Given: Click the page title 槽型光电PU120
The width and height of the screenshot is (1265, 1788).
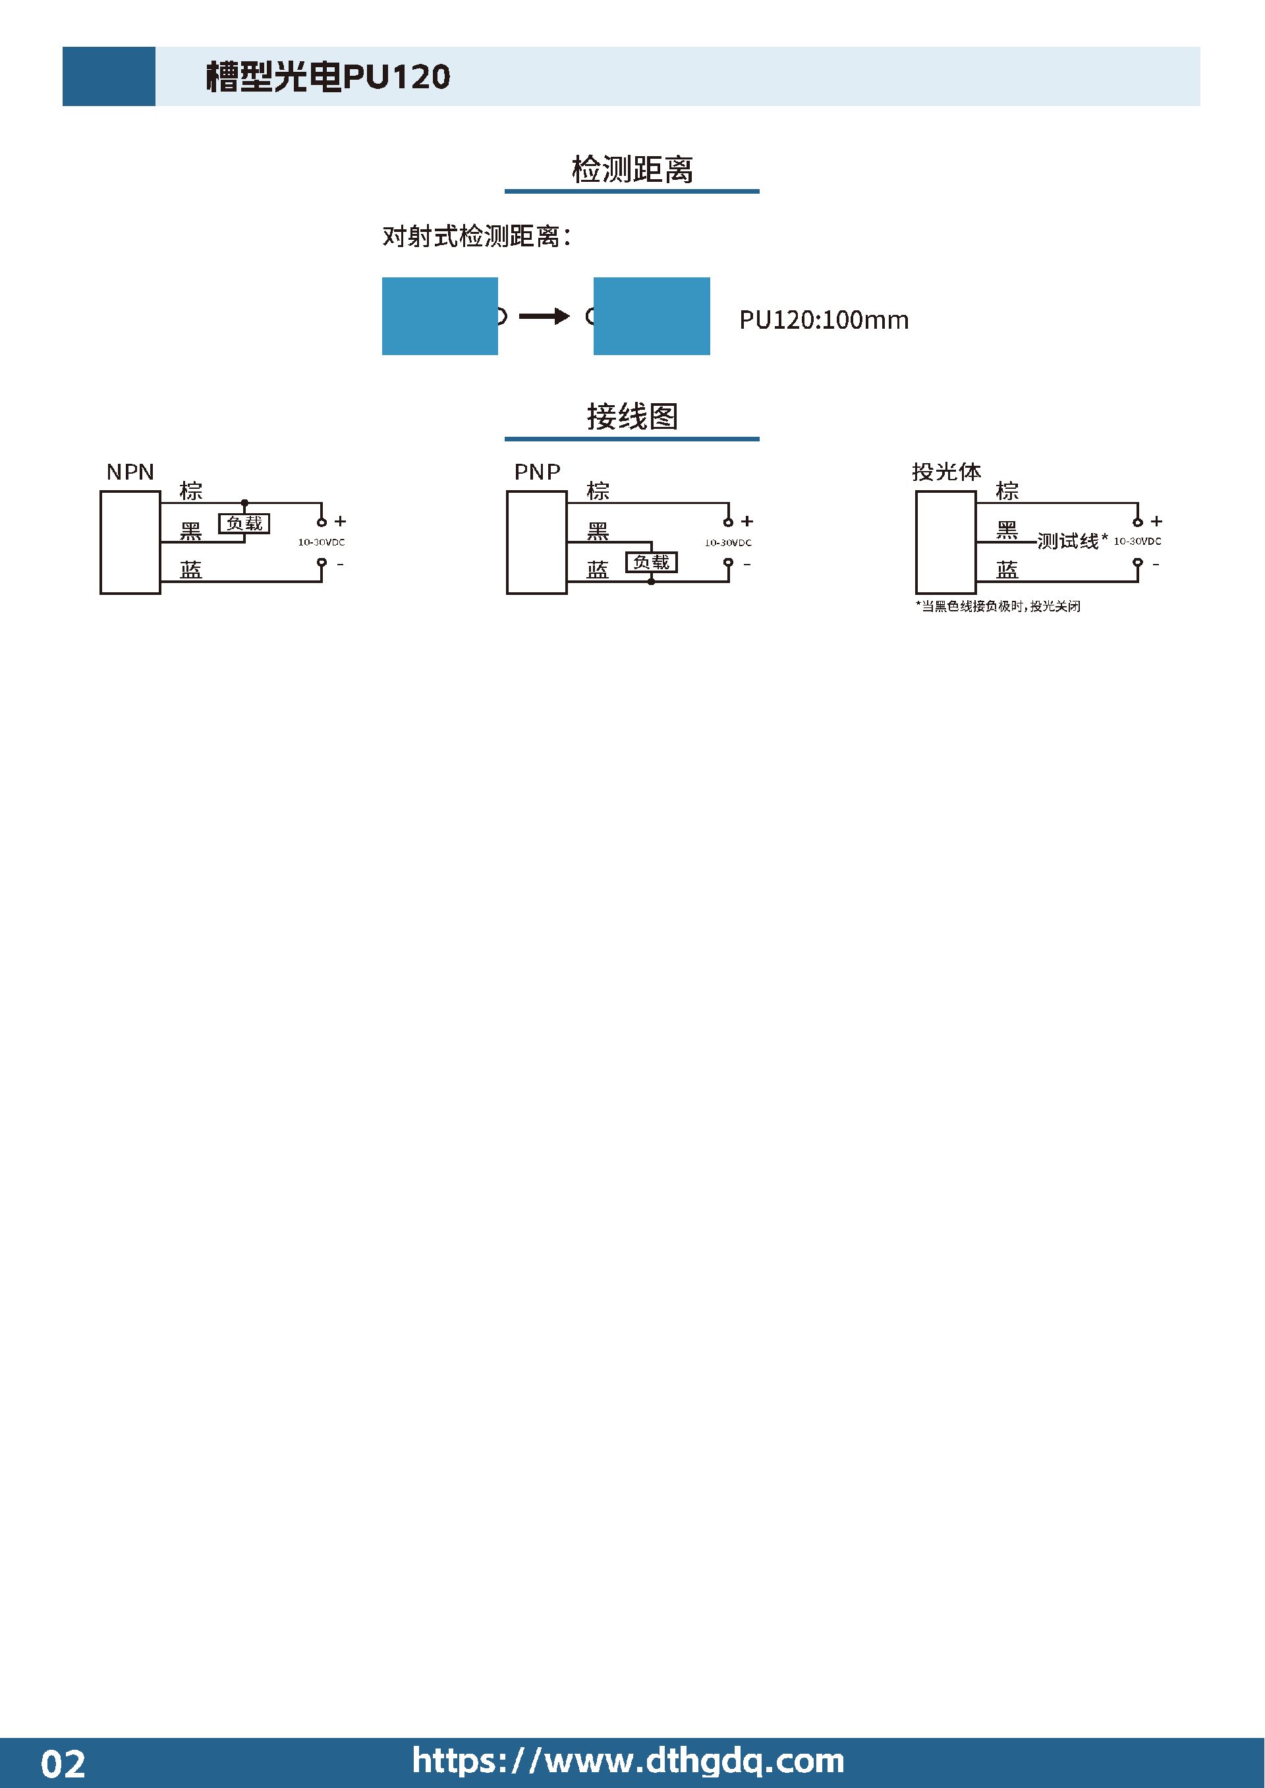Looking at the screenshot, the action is pyautogui.click(x=328, y=76).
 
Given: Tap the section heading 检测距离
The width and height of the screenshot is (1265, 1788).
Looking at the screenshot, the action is pyautogui.click(x=632, y=169).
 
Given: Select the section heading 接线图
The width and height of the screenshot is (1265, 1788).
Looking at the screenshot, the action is pyautogui.click(x=632, y=416).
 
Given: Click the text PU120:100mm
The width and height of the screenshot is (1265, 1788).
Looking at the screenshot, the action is pyautogui.click(x=824, y=320).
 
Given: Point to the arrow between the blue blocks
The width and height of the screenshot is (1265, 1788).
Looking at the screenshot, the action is pyautogui.click(x=544, y=316).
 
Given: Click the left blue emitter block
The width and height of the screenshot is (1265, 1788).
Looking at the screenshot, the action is pyautogui.click(x=440, y=316).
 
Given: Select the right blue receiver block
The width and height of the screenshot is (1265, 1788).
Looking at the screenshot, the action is pyautogui.click(x=652, y=316).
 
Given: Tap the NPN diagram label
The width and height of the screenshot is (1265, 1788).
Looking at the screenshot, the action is pyautogui.click(x=130, y=472).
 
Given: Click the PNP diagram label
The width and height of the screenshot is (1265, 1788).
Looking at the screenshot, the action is pyautogui.click(x=538, y=472).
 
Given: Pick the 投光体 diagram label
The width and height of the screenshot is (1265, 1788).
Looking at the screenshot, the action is pyautogui.click(x=946, y=472).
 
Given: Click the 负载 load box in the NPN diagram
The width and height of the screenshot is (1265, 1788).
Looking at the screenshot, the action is pyautogui.click(x=244, y=523).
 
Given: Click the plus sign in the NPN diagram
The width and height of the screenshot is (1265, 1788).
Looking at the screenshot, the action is pyautogui.click(x=341, y=521).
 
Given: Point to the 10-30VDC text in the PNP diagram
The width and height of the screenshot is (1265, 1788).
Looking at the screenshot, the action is pyautogui.click(x=728, y=543).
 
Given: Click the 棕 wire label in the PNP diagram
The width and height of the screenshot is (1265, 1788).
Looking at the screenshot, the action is pyautogui.click(x=598, y=491).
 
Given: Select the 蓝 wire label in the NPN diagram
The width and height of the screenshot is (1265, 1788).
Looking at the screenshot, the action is pyautogui.click(x=191, y=570).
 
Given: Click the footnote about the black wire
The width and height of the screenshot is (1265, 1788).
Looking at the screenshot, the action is pyautogui.click(x=998, y=606).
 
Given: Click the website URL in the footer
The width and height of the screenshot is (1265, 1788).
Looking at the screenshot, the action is pyautogui.click(x=628, y=1761).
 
